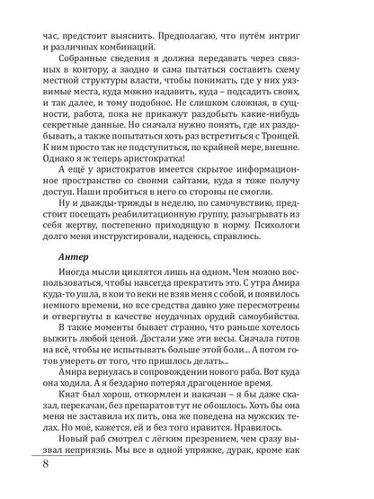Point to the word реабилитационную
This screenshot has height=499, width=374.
click(x=170, y=206)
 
